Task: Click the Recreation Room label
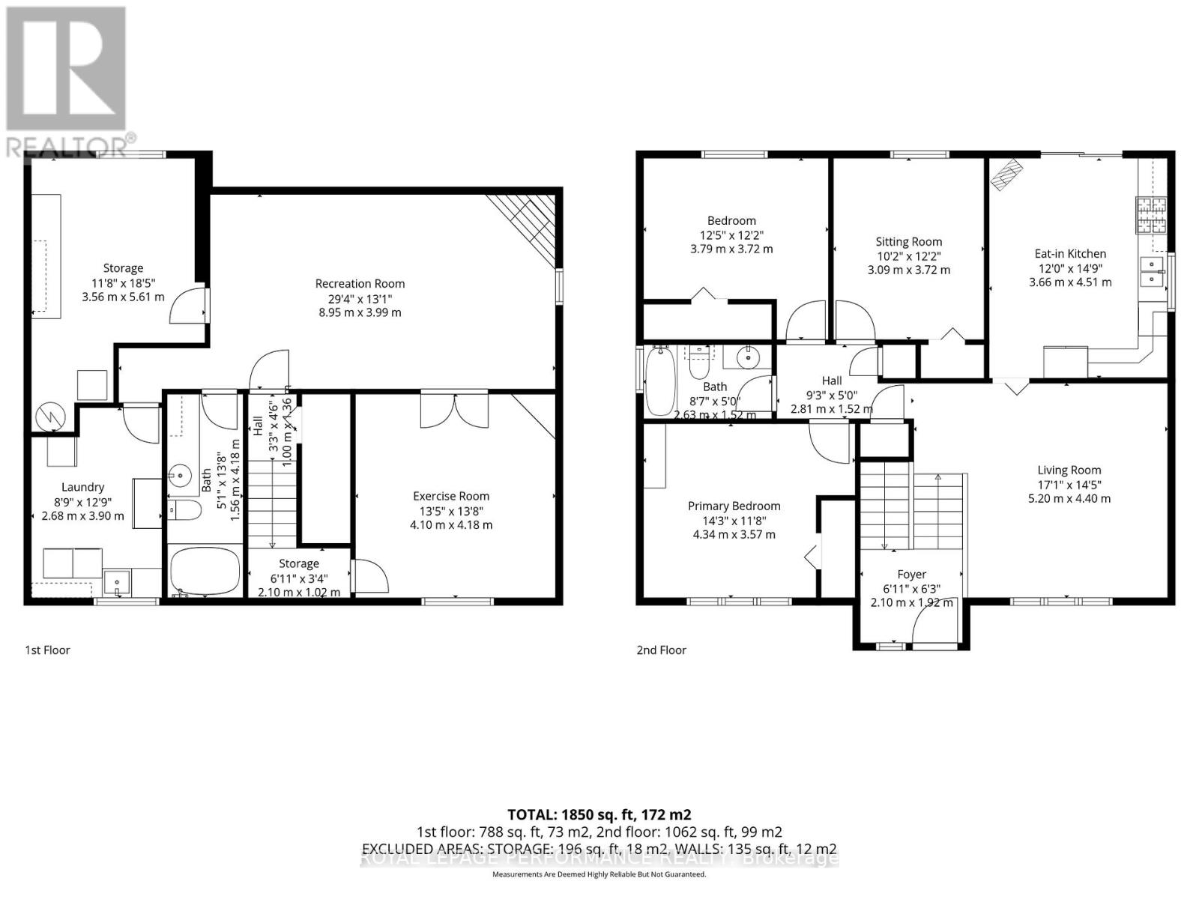click(360, 283)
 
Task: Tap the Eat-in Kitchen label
click(1070, 253)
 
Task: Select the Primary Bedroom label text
click(734, 506)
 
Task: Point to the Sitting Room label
click(908, 241)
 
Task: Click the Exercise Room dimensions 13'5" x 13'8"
click(451, 510)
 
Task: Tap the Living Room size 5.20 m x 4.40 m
click(1069, 498)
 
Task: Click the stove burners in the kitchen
click(1148, 216)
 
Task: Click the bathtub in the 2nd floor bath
click(660, 380)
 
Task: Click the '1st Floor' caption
click(47, 650)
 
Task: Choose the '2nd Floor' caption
click(661, 650)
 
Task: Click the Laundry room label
click(82, 487)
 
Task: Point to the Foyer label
click(911, 575)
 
